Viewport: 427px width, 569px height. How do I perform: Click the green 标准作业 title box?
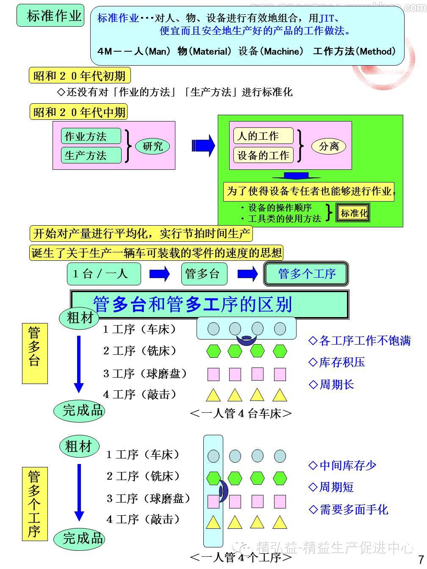pyautogui.click(x=51, y=16)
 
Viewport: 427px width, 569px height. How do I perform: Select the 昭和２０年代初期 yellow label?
pyautogui.click(x=80, y=76)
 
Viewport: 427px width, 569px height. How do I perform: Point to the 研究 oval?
pyautogui.click(x=152, y=146)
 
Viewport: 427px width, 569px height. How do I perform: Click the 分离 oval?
pyautogui.click(x=329, y=146)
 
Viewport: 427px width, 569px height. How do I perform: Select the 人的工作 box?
pyautogui.click(x=263, y=136)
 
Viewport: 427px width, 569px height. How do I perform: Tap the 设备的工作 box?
pyautogui.click(x=263, y=155)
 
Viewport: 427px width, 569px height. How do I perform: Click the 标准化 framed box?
pyautogui.click(x=353, y=213)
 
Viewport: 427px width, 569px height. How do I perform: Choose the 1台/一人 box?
pyautogui.click(x=103, y=273)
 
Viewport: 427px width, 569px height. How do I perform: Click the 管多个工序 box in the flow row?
pyautogui.click(x=306, y=274)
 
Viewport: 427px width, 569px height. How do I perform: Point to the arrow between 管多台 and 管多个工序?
pyautogui.click(x=247, y=274)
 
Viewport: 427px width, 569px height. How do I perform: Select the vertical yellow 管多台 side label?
pyautogui.click(x=34, y=354)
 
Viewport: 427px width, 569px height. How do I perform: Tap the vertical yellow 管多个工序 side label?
pyautogui.click(x=34, y=503)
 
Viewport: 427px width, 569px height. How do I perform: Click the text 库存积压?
pyautogui.click(x=341, y=362)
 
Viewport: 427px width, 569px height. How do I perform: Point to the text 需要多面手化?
pyautogui.click(x=353, y=509)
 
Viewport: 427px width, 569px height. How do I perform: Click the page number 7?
pyautogui.click(x=421, y=559)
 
